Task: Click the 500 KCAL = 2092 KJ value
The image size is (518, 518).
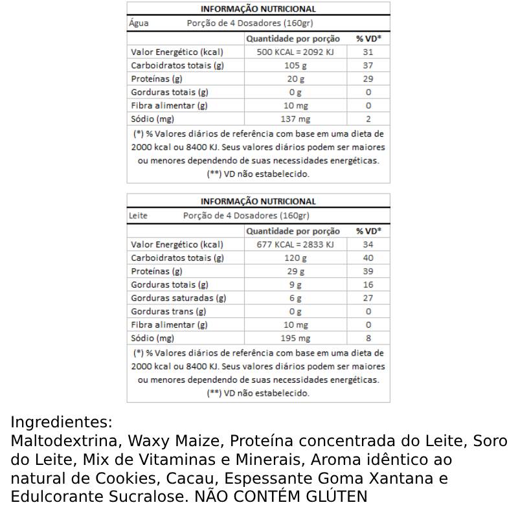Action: point(296,52)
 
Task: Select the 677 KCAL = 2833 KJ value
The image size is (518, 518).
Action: point(296,245)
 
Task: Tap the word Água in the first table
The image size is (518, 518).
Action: point(139,23)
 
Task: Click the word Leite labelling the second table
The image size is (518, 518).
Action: point(139,216)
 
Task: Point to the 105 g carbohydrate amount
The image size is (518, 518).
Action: point(296,65)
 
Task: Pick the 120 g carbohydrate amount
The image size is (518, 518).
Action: point(296,258)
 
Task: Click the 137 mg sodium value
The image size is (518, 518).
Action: point(296,119)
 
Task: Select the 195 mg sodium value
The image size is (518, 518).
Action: point(296,339)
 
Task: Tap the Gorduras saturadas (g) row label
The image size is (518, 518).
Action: point(179,298)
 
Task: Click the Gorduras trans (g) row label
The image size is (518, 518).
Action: point(168,311)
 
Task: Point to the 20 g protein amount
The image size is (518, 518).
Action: point(296,79)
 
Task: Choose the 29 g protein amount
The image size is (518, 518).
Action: point(296,271)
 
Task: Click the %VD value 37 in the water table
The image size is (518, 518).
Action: point(368,65)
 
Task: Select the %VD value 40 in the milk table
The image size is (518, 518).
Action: point(368,258)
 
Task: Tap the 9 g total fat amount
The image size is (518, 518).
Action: point(296,285)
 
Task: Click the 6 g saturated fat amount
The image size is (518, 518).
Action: point(296,298)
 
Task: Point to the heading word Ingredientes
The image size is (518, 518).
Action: point(62,423)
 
